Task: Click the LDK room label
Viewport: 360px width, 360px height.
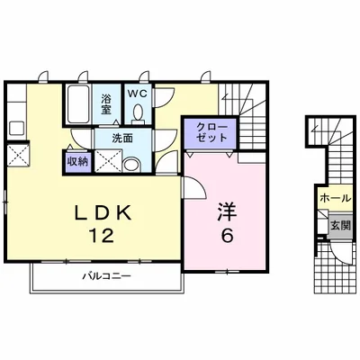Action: pos(103,213)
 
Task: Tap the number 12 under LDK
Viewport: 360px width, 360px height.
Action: pos(101,235)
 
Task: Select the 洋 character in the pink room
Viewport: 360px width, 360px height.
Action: pos(227,211)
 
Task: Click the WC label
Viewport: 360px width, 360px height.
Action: pos(138,94)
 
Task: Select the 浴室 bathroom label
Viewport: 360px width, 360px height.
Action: pos(106,103)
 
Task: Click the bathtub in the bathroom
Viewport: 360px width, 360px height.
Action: pos(77,104)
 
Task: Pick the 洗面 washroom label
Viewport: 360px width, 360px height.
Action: pos(122,138)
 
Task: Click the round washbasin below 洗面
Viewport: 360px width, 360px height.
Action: pos(132,166)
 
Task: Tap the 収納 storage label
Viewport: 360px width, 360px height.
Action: pos(77,162)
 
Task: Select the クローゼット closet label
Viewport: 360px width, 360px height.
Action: pos(211,132)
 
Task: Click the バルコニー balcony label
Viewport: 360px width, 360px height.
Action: pos(107,275)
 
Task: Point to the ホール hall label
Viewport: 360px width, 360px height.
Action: pos(335,198)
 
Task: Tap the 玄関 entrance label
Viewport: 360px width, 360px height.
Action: pos(341,226)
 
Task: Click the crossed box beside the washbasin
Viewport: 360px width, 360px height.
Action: pos(108,161)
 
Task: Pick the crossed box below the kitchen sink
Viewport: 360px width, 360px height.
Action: pos(18,155)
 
